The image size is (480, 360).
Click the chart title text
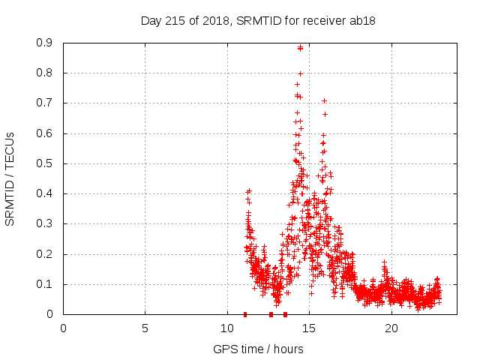coord(258,20)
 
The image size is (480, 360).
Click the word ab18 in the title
coord(363,20)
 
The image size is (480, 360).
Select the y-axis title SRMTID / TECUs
coord(10,178)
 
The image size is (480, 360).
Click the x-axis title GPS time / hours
coord(258,349)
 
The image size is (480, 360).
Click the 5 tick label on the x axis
coord(145,328)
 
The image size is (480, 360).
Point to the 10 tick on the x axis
coord(227,328)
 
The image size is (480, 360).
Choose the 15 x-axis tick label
coord(309,328)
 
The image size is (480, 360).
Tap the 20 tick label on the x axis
coord(391,328)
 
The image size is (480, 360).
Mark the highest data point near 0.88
coord(300,48)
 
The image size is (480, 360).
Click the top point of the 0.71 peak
coord(324,100)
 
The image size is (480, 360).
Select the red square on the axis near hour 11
coord(245,314)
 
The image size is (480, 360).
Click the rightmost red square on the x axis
coord(285,314)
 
